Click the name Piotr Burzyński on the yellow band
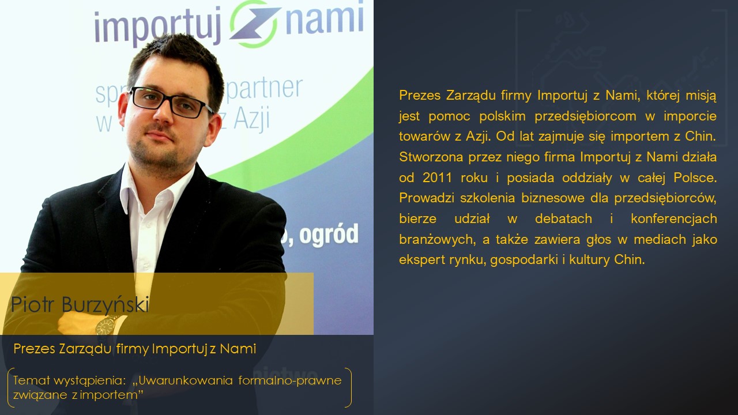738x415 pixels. coord(80,304)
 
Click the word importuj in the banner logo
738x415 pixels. coord(158,27)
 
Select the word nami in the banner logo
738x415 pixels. coord(325,18)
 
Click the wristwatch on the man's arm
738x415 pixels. coord(106,326)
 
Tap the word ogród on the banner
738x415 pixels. coord(329,235)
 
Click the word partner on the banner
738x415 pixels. coord(264,88)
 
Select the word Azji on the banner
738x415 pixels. coord(252,118)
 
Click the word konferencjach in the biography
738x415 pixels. coord(674,218)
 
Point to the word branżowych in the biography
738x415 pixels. coord(437,239)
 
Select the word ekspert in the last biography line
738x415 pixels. coord(421,260)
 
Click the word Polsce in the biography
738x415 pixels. coord(695,178)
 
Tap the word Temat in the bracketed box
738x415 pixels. coord(31,380)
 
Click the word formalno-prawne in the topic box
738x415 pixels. coord(290,381)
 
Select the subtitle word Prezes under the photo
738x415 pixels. coord(34,349)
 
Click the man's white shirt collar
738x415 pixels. coord(155,188)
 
